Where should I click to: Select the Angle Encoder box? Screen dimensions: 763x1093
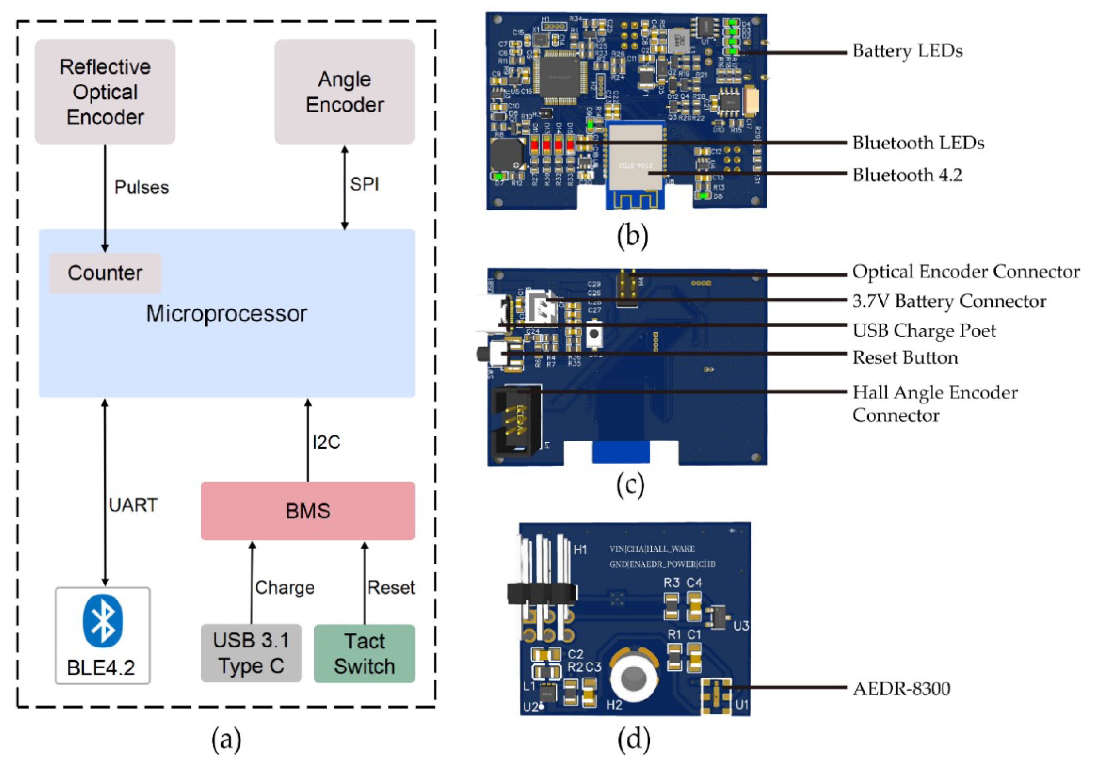pos(344,92)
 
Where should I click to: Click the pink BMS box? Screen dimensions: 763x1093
pos(307,511)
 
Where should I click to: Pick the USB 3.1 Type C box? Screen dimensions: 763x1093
pos(251,653)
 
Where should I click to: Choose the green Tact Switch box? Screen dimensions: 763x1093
pos(364,653)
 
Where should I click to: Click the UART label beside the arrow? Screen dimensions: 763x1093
pos(133,505)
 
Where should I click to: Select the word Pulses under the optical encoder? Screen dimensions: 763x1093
pos(141,187)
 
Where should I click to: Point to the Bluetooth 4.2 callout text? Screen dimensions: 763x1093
pos(907,175)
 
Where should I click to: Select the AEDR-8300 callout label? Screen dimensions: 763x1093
pos(901,689)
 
